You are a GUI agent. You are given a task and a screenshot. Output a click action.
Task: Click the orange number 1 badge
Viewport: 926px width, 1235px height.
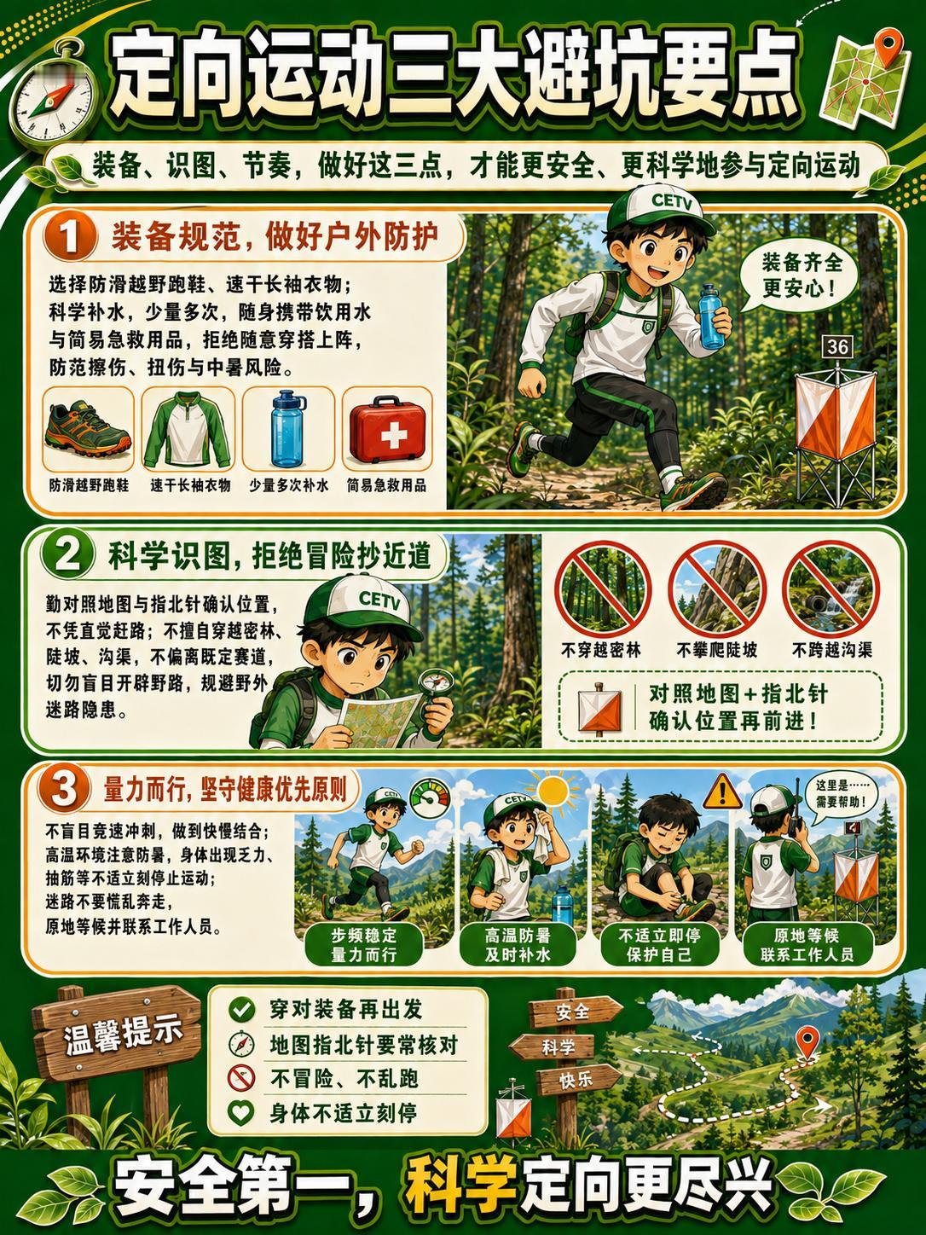(70, 237)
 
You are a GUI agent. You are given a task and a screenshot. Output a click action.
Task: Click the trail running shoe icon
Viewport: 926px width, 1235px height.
(89, 431)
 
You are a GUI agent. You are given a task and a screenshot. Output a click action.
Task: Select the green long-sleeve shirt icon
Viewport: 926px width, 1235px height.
(188, 431)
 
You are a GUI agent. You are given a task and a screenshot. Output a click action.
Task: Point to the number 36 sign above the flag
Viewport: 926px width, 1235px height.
(837, 346)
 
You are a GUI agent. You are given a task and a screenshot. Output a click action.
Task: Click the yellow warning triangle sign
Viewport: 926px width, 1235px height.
(722, 791)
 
